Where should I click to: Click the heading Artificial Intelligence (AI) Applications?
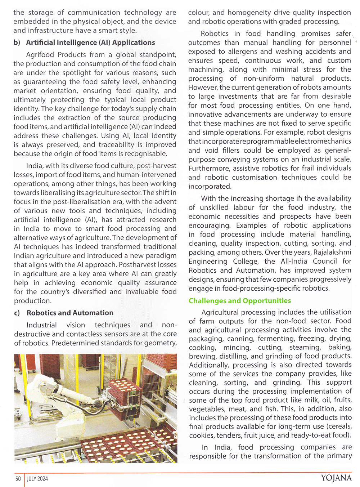click(x=90, y=43)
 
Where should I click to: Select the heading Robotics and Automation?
click(x=70, y=313)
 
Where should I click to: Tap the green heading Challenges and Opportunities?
click(x=240, y=300)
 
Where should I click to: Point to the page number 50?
click(x=18, y=478)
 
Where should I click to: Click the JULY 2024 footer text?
click(x=37, y=478)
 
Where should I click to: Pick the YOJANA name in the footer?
click(x=336, y=478)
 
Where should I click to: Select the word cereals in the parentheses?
click(x=339, y=426)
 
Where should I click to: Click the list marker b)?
click(x=17, y=43)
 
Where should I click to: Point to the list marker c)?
click(x=17, y=313)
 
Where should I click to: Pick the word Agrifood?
click(x=41, y=54)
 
